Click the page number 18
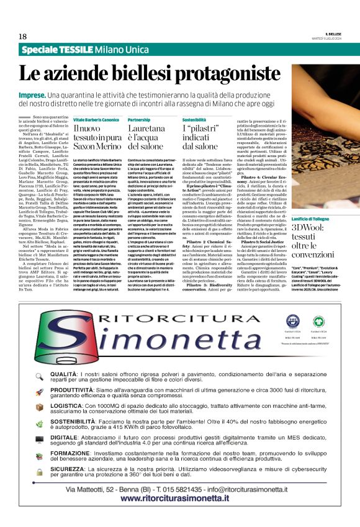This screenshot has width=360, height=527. click(x=22, y=37)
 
